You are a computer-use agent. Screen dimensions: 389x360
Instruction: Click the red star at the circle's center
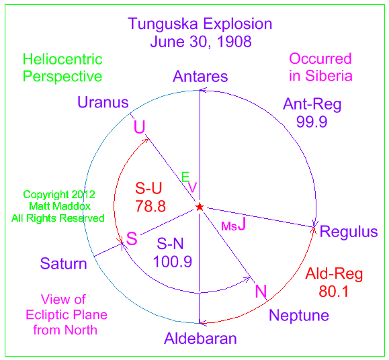(x=200, y=207)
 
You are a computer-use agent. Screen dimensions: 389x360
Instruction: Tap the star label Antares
(x=200, y=77)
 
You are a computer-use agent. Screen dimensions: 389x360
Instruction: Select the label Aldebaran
(x=200, y=339)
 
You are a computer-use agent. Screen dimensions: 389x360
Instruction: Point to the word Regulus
(x=349, y=232)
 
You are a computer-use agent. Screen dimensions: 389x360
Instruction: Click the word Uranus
(x=103, y=102)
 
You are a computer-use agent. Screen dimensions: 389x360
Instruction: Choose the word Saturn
(x=64, y=263)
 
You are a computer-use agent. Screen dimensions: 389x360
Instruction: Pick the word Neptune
(x=299, y=316)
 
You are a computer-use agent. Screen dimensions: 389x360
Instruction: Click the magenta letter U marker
(x=140, y=127)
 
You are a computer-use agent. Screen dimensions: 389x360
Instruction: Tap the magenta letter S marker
(x=132, y=238)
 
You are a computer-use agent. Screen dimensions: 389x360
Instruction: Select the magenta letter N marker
(x=261, y=291)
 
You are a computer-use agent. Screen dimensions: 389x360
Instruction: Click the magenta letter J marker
(x=242, y=224)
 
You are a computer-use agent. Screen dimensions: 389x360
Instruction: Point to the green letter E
(x=185, y=177)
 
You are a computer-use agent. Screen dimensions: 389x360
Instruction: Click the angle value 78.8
(x=150, y=206)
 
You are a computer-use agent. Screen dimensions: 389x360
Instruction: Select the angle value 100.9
(x=173, y=261)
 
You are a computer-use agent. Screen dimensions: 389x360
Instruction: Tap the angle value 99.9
(x=312, y=122)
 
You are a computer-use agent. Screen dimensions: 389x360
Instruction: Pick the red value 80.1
(x=334, y=291)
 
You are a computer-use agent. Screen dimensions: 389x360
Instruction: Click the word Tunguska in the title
(x=163, y=25)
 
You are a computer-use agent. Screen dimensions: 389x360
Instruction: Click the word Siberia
(x=329, y=76)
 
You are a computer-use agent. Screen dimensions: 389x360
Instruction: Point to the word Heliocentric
(x=62, y=60)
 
